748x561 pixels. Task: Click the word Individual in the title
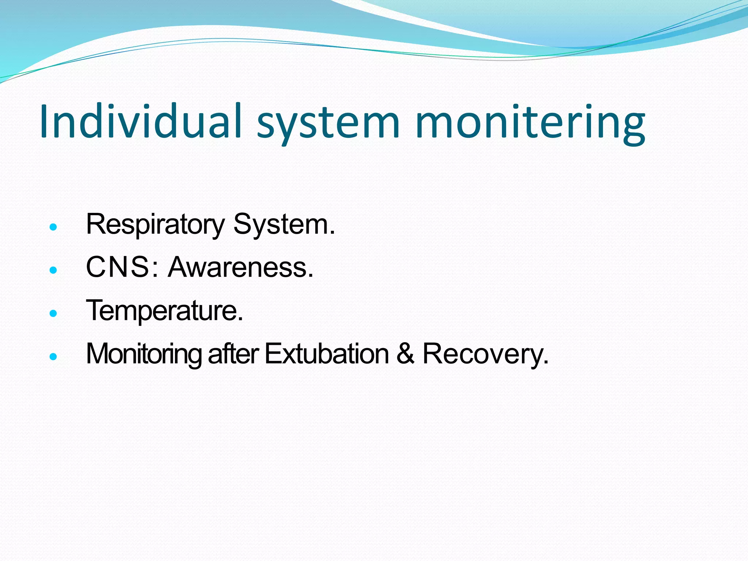click(141, 121)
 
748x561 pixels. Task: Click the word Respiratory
click(155, 224)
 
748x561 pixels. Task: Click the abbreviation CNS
click(117, 267)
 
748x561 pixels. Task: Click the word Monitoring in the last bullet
click(143, 354)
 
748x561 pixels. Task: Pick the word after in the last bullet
click(233, 354)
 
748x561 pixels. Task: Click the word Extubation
click(327, 354)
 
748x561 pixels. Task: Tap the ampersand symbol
click(405, 354)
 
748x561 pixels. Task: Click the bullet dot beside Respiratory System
click(53, 227)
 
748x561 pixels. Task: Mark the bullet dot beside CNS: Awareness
click(53, 270)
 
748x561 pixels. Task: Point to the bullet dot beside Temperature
click(53, 313)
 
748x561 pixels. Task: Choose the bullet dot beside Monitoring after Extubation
click(53, 356)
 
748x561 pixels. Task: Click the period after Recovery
click(546, 362)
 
